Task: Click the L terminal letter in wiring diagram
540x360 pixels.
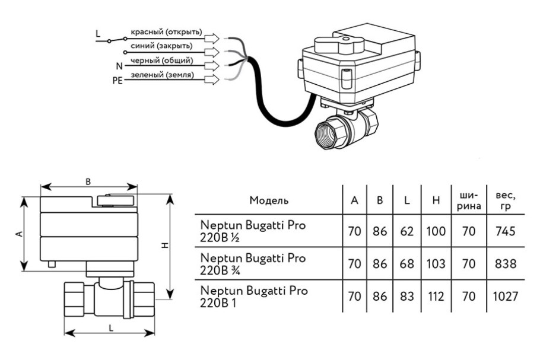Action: coord(99,34)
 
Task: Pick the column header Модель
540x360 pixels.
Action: coord(269,200)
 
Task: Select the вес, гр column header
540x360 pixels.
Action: coord(501,200)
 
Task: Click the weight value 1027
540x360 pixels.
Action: coord(501,295)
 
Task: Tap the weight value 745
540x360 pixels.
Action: coord(501,231)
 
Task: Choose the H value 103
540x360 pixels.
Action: coord(436,263)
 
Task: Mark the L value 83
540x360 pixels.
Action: coord(406,295)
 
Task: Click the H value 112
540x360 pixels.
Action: coord(436,295)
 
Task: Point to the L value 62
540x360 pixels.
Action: coord(406,231)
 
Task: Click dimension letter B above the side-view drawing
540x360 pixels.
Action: coord(88,182)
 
